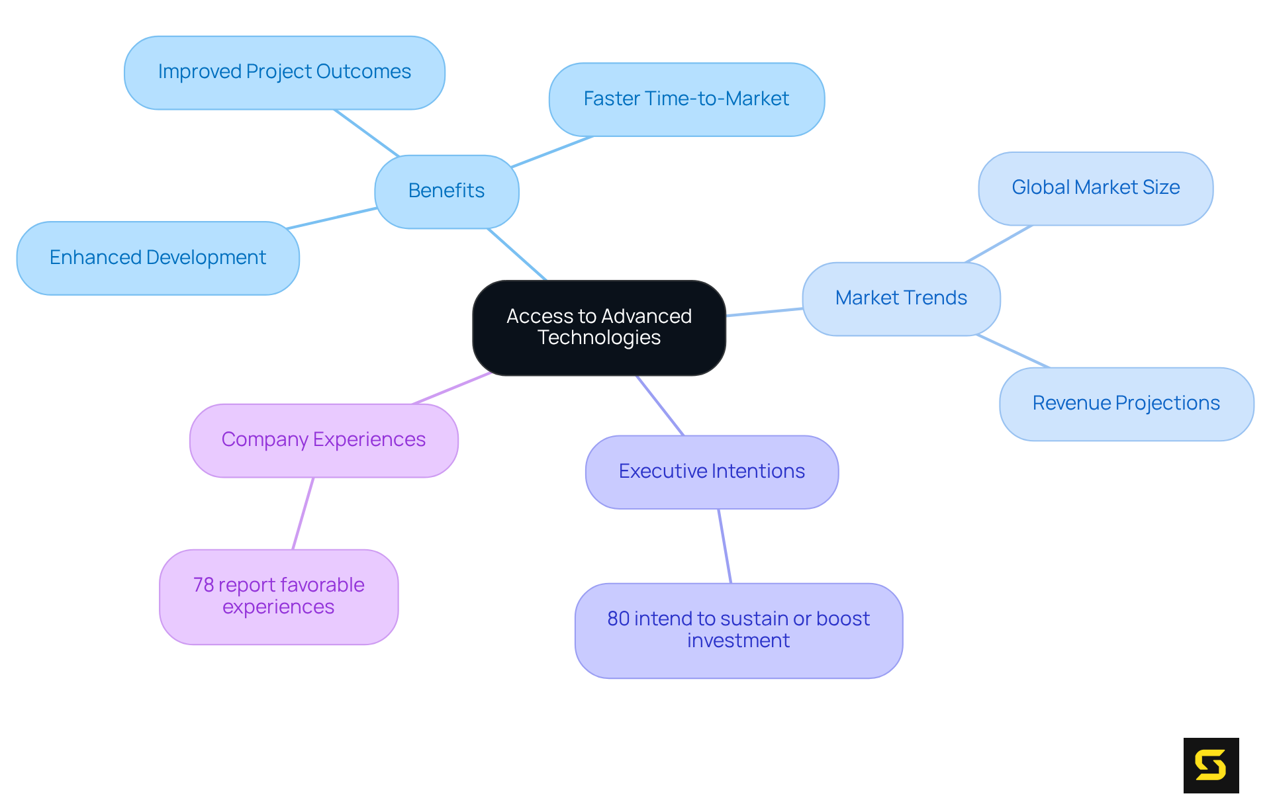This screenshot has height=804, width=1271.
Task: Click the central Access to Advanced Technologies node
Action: click(x=598, y=328)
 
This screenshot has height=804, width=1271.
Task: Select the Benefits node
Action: click(x=446, y=191)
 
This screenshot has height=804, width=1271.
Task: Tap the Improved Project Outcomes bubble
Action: click(x=284, y=72)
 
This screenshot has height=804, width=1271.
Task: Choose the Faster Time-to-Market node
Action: click(x=686, y=99)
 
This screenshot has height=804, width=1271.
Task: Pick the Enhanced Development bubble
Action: click(x=158, y=257)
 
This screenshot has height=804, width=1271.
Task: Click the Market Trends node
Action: click(x=900, y=298)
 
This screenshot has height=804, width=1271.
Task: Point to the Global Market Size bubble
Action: click(x=1095, y=188)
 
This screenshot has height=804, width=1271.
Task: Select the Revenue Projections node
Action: click(x=1125, y=404)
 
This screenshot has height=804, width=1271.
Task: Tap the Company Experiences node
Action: click(x=323, y=440)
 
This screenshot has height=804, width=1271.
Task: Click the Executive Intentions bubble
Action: click(x=711, y=472)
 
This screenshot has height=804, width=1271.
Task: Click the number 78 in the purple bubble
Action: click(x=203, y=585)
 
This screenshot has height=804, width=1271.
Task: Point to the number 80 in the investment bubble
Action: click(x=618, y=619)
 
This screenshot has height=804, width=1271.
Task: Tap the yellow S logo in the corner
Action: click(x=1210, y=765)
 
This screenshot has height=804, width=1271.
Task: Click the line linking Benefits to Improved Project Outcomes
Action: click(x=367, y=133)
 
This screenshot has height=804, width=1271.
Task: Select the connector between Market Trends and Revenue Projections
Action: click(x=1013, y=351)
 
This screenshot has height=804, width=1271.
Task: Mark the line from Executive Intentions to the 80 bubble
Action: click(x=725, y=546)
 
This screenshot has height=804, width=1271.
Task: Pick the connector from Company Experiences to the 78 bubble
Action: click(x=303, y=513)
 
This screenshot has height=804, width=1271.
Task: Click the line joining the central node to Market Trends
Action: click(x=764, y=312)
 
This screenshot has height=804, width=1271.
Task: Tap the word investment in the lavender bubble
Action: click(x=738, y=641)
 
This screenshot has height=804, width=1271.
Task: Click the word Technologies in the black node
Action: click(x=598, y=338)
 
